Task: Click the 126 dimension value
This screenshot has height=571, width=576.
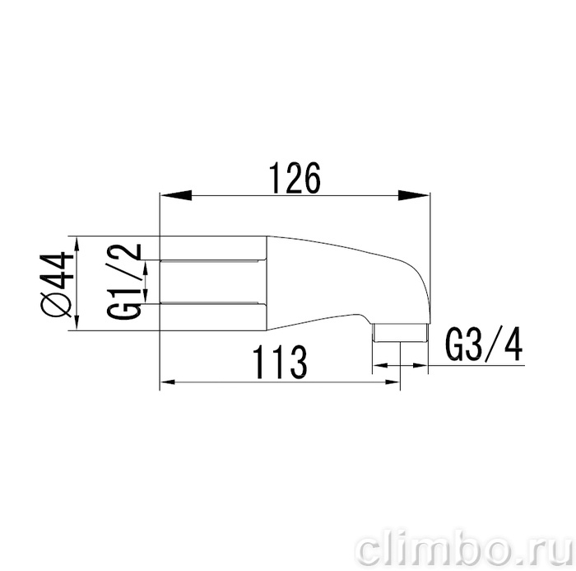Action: point(295,178)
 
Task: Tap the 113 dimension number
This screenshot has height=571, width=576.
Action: point(280,362)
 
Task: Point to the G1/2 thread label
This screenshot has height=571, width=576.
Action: point(123,281)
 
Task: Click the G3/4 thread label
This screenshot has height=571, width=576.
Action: point(484,344)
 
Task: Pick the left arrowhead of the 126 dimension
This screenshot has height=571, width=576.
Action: point(175,195)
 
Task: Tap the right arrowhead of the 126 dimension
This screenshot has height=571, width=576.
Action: point(414,195)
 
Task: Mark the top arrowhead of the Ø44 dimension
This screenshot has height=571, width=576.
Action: point(77,245)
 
